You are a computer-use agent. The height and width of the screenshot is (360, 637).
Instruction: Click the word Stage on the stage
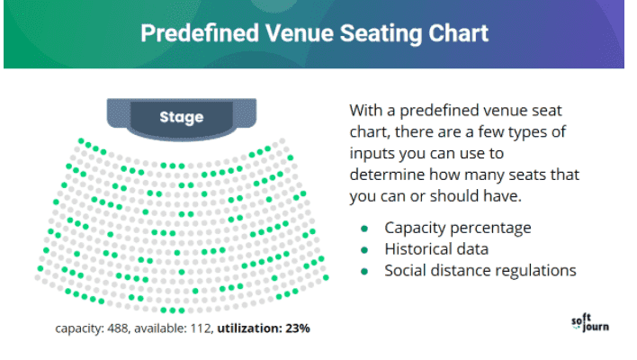coord(182,117)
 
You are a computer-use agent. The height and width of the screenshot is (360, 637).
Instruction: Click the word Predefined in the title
coord(200,33)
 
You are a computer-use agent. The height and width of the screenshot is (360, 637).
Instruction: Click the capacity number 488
coord(118,328)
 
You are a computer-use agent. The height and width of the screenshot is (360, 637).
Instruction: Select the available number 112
coord(202,328)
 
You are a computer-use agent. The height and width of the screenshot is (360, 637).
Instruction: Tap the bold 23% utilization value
coord(298,328)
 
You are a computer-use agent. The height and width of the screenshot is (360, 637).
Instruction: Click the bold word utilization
coord(249,328)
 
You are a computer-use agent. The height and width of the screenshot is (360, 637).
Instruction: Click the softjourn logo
coord(590,323)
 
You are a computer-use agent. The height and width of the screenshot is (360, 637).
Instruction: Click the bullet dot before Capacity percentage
coord(364,229)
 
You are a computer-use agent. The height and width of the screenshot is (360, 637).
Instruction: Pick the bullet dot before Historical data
coord(364,250)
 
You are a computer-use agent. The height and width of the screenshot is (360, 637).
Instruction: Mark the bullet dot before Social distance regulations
coord(364,272)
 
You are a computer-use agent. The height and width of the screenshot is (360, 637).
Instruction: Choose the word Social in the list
coord(408,271)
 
